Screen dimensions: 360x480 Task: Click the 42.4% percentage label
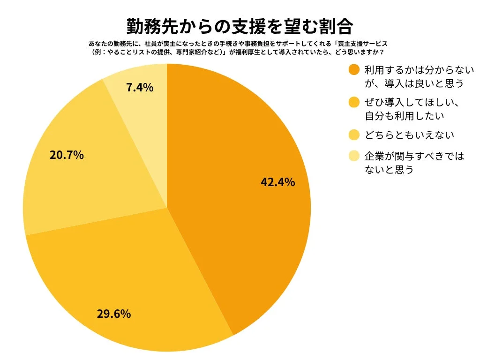[x=277, y=182]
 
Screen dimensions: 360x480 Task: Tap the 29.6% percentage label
[x=113, y=314]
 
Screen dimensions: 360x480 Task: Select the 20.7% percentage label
[x=67, y=155]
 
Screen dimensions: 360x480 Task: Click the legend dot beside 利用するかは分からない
[x=354, y=70]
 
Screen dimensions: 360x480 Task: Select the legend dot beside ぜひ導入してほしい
[x=354, y=102]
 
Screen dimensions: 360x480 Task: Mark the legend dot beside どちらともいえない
[x=354, y=135]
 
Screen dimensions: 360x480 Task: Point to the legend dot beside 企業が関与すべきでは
[x=354, y=156]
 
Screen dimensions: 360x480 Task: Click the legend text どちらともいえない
[x=409, y=135]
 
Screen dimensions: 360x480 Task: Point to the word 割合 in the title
[x=336, y=26]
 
